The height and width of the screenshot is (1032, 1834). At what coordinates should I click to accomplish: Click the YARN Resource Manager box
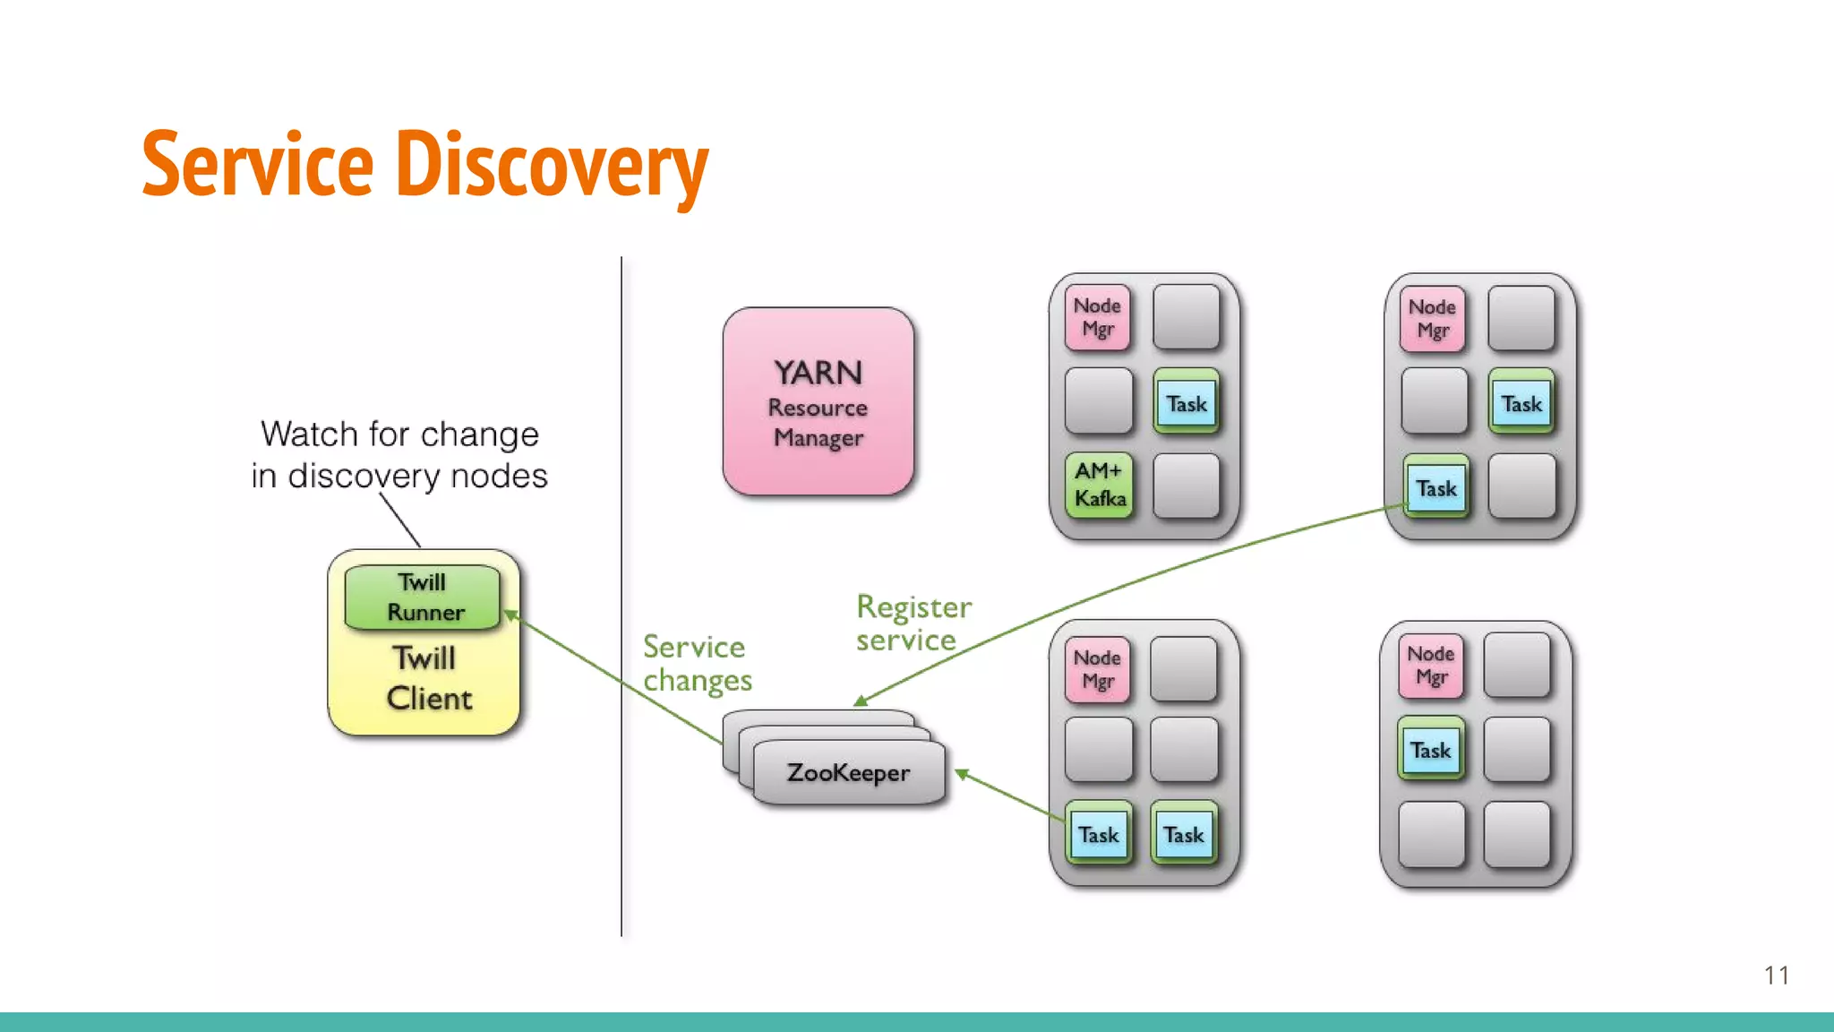[x=818, y=402]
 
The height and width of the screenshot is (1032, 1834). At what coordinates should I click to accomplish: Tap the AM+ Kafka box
[x=1099, y=485]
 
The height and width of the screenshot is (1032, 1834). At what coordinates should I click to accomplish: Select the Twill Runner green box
[x=423, y=597]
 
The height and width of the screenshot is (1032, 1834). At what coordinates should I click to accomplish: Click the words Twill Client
[x=427, y=679]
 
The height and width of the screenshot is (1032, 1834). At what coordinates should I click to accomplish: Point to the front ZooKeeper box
[x=848, y=772]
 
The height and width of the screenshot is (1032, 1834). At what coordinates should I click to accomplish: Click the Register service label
[x=912, y=623]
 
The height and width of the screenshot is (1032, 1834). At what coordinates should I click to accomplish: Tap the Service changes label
[x=697, y=663]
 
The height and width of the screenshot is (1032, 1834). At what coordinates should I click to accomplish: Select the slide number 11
[x=1776, y=975]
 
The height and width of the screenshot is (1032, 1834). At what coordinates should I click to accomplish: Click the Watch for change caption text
[x=399, y=455]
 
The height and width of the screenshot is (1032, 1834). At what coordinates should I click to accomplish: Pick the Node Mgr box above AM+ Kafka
[x=1098, y=318]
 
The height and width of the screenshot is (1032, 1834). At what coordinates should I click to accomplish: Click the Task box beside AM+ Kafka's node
[x=1186, y=403]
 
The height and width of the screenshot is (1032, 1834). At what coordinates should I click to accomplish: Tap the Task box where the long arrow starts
[x=1435, y=488]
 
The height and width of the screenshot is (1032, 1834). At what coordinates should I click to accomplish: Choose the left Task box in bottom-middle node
[x=1098, y=834]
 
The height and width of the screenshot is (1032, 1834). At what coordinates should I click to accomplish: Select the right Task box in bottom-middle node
[x=1183, y=834]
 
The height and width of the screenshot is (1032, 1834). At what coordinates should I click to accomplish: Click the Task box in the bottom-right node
[x=1430, y=750]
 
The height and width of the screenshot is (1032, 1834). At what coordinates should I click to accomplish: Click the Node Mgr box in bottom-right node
[x=1430, y=666]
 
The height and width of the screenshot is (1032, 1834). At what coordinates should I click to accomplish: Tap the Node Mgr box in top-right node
[x=1432, y=319]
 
